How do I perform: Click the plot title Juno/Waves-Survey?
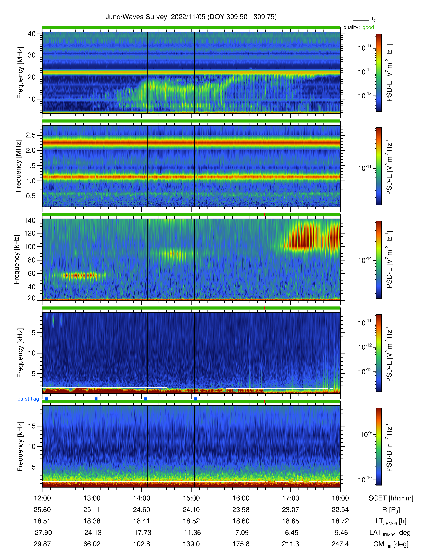tap(136, 17)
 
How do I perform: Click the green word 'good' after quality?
tap(368, 27)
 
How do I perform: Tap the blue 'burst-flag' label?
tap(28, 399)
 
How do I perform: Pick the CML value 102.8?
tap(142, 544)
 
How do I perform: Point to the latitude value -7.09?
tap(241, 533)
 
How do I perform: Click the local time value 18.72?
tap(340, 521)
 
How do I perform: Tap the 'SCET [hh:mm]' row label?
tap(391, 498)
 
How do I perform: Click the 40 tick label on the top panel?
tap(32, 34)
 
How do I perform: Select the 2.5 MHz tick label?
tap(31, 135)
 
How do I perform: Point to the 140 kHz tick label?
tap(30, 220)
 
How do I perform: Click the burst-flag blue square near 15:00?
tap(195, 399)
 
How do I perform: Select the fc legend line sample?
tap(361, 20)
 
